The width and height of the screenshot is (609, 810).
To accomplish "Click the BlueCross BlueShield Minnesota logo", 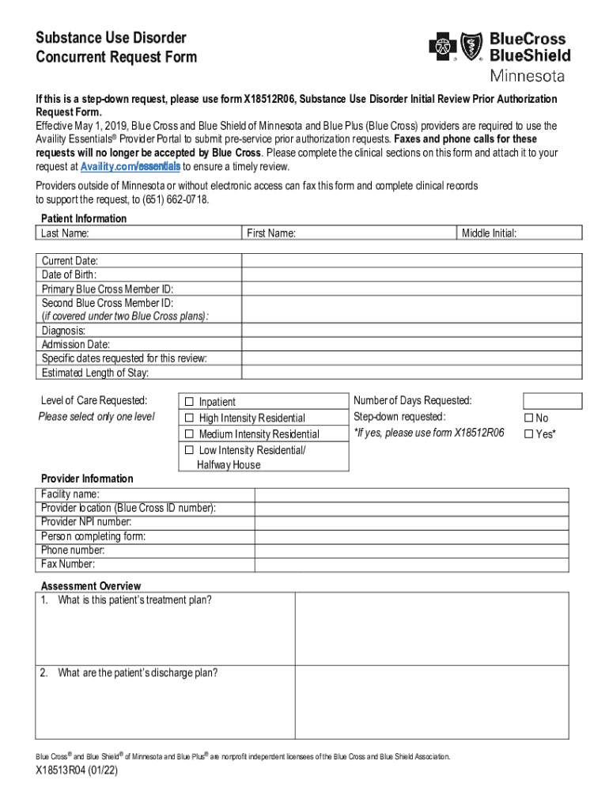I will pyautogui.click(x=498, y=55).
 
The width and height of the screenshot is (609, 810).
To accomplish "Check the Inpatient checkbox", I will pyautogui.click(x=189, y=401).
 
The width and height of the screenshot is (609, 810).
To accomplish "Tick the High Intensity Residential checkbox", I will pyautogui.click(x=189, y=417).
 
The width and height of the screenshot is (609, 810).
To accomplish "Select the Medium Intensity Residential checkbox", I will pyautogui.click(x=189, y=433).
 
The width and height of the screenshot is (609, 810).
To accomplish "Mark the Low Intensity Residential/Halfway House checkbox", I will pyautogui.click(x=189, y=449).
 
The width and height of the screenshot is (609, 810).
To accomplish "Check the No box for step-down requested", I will pyautogui.click(x=529, y=418).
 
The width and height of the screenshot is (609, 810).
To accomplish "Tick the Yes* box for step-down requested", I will pyautogui.click(x=529, y=433).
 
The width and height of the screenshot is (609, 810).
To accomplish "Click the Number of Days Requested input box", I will pyautogui.click(x=552, y=401).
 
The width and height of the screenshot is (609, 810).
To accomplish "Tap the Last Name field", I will pyautogui.click(x=138, y=233).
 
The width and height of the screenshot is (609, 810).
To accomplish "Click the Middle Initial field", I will pyautogui.click(x=520, y=233).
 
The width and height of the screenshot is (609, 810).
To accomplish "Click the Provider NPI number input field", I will pyautogui.click(x=411, y=522).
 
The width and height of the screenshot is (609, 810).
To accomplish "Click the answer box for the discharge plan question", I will pyautogui.click(x=431, y=701).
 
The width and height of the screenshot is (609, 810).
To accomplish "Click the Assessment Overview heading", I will pyautogui.click(x=91, y=586).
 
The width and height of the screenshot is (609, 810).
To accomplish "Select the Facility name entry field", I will pyautogui.click(x=411, y=494).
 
